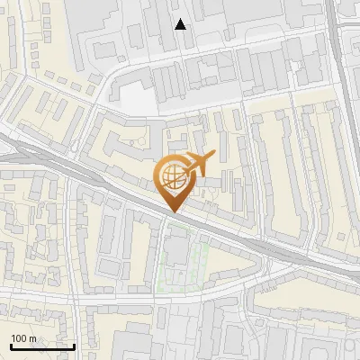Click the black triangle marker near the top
[181, 24]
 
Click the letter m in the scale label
[33, 338]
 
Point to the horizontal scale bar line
[41, 346]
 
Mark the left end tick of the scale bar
[10, 345]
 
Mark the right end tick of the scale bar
[74, 345]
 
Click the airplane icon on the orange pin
[197, 163]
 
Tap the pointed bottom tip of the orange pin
[171, 212]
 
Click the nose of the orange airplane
[213, 155]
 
